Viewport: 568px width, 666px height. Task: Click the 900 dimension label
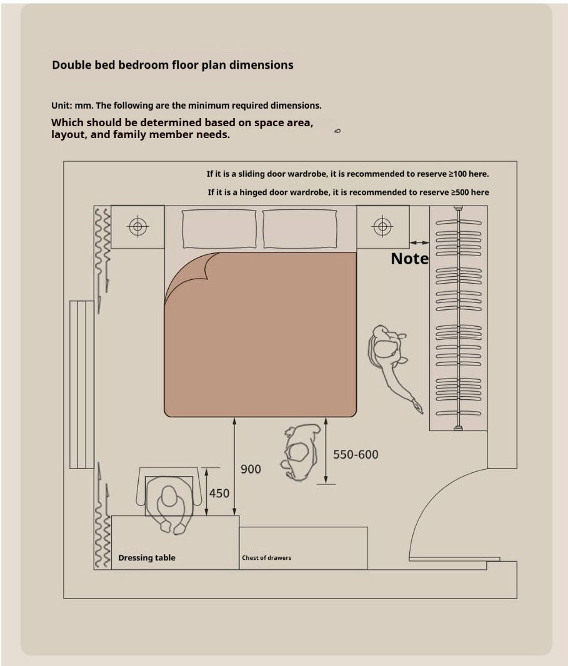(251, 469)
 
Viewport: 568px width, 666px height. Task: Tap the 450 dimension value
(219, 493)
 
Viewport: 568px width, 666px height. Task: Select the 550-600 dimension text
(356, 454)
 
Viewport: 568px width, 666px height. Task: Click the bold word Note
(409, 258)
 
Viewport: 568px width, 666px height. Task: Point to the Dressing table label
(147, 558)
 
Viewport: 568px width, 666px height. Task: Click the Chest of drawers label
(267, 558)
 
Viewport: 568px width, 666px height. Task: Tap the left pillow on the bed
(219, 229)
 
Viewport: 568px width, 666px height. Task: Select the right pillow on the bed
(300, 229)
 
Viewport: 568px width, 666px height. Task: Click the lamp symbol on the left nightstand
(137, 226)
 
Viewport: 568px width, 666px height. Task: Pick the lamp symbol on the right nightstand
(382, 226)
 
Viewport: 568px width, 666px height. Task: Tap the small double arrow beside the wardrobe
(419, 242)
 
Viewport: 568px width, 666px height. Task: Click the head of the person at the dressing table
(169, 496)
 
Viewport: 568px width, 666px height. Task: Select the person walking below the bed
(300, 452)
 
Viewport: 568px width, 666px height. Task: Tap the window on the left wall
(82, 384)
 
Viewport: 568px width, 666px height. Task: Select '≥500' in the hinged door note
(460, 192)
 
